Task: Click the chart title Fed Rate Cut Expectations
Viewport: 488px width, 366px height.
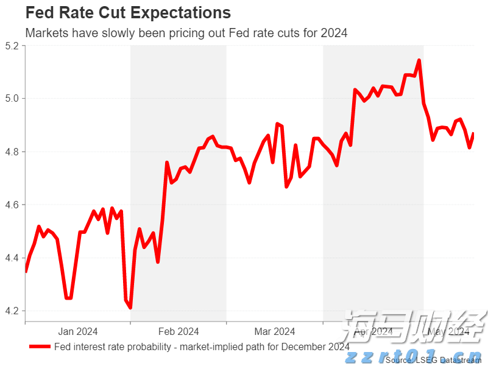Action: tap(128, 13)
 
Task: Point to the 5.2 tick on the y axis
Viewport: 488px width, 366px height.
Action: tap(13, 46)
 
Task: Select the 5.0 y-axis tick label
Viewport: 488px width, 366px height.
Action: tap(13, 99)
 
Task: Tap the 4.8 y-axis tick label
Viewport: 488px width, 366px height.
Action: tap(13, 152)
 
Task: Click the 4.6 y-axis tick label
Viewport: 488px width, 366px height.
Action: tap(13, 205)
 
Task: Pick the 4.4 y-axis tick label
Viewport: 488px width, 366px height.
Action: tap(13, 258)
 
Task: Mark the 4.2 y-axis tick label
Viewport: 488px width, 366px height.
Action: tap(13, 311)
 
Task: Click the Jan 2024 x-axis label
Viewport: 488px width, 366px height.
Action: tap(77, 332)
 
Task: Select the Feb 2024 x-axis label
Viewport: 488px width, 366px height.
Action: tap(179, 332)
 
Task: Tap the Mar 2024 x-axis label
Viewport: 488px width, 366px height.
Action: tap(275, 332)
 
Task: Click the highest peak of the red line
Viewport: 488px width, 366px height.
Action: tap(419, 60)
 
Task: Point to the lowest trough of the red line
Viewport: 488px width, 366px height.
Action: tap(130, 308)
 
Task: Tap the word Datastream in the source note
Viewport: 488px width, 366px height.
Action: tap(452, 360)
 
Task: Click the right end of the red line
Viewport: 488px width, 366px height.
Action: tap(473, 134)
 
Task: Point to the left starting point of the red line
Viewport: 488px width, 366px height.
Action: tap(26, 272)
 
